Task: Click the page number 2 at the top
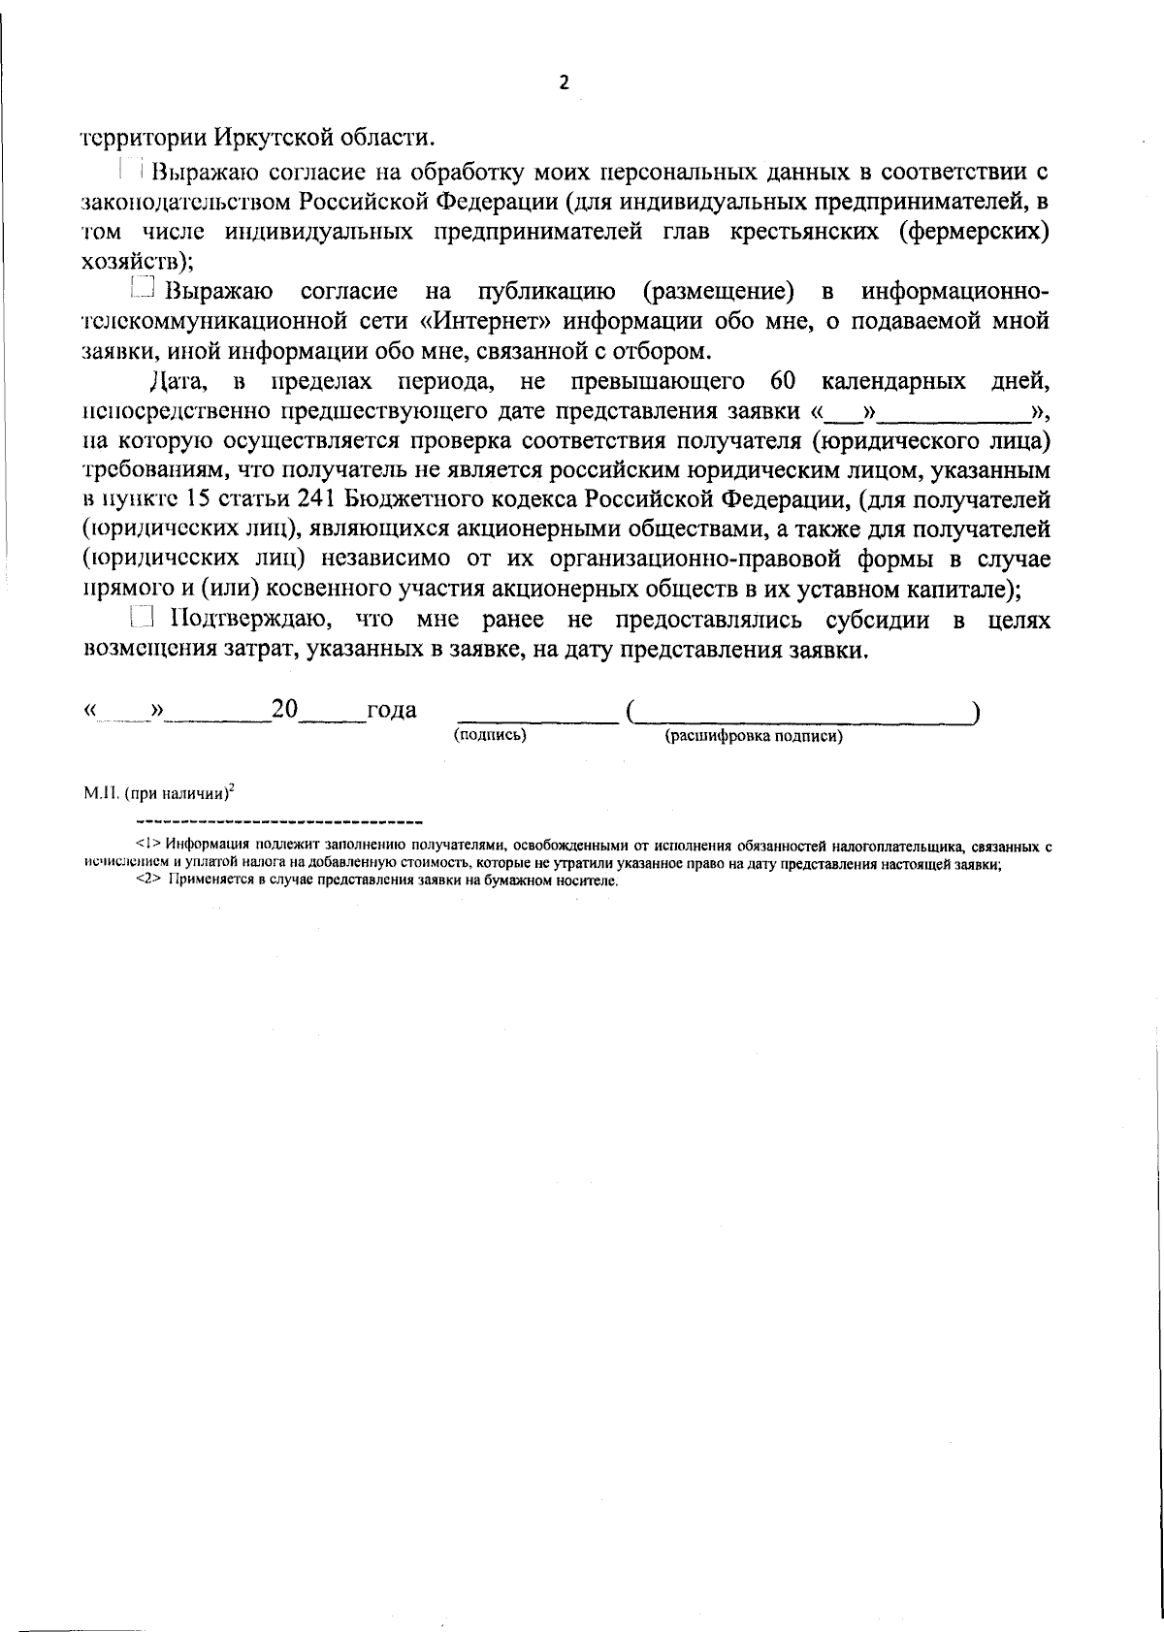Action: click(565, 83)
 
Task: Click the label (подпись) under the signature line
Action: click(490, 736)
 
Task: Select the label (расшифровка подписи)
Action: click(754, 737)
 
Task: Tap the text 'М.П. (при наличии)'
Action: click(158, 793)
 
